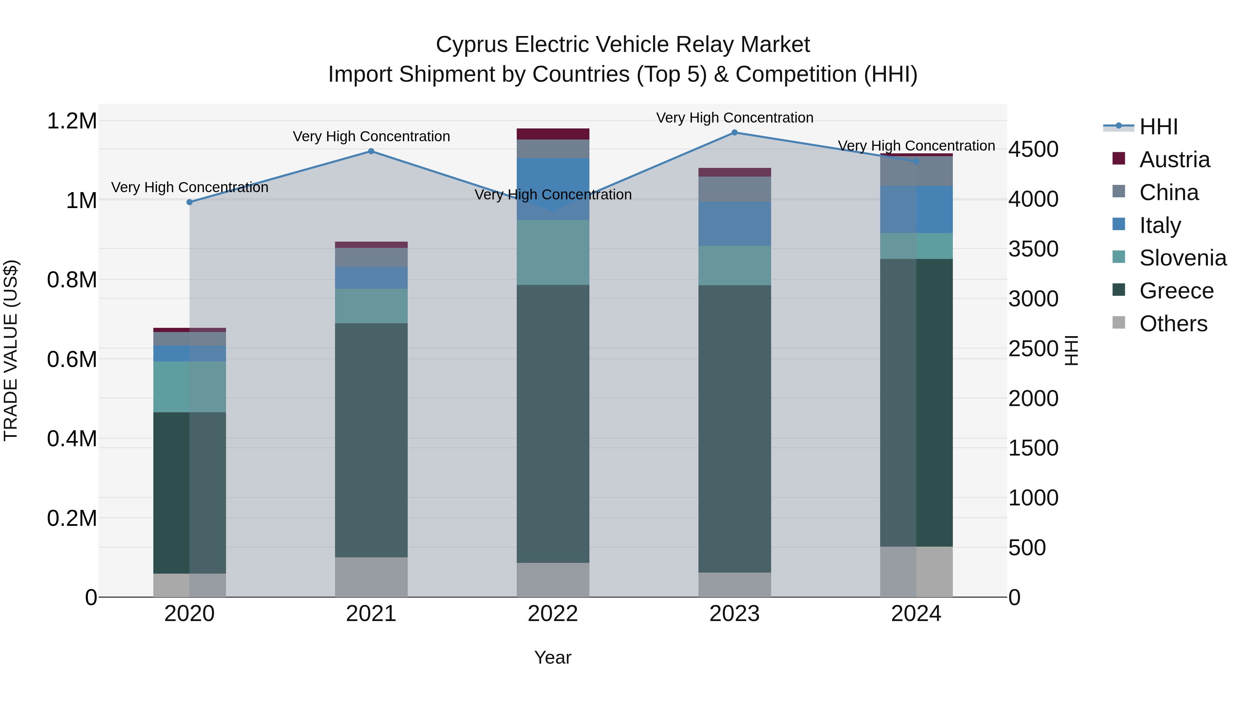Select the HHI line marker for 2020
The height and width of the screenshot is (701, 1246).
pos(190,202)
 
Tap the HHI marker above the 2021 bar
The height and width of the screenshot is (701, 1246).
pos(371,151)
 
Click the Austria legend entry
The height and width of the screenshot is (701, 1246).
pos(1174,160)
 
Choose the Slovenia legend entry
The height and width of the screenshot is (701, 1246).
pos(1183,258)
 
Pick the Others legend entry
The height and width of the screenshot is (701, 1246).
pos(1173,324)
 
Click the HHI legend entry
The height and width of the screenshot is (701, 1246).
pos(1158,127)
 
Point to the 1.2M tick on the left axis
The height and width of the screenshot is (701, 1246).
pos(72,121)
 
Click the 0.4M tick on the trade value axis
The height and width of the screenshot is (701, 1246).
pos(72,439)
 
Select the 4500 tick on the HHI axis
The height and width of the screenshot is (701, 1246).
pos(1033,150)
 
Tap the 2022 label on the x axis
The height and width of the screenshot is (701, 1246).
pos(553,614)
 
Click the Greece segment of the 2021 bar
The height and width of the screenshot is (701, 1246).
pos(371,440)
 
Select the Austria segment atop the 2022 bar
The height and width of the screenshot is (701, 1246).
pos(553,134)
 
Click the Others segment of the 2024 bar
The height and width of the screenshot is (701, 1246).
pos(916,572)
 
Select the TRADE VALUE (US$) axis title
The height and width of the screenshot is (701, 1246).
pos(11,350)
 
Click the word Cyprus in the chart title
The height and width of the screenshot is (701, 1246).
pos(472,45)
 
